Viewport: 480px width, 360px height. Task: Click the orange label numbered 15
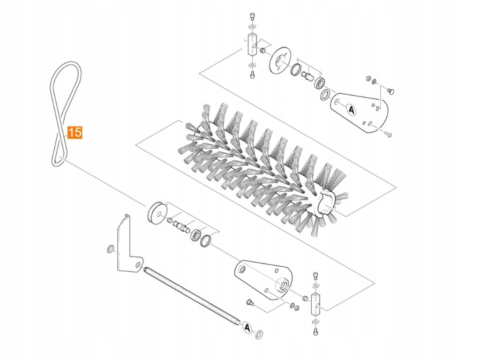coord(75,132)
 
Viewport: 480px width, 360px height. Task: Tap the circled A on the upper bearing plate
coord(351,109)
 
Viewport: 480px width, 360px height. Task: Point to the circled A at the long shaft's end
coord(247,327)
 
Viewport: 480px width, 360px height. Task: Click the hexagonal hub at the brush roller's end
coord(327,202)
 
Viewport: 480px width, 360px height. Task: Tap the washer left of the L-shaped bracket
coord(111,248)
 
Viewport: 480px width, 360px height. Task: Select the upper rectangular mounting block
coord(250,45)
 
